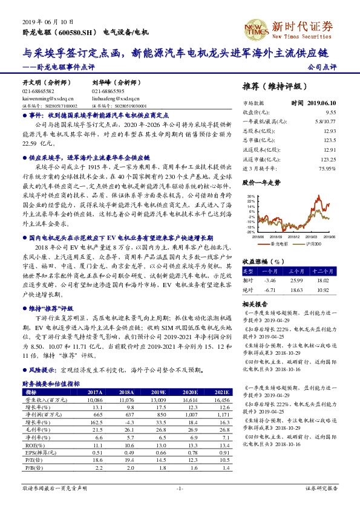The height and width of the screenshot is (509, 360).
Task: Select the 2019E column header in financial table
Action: pyautogui.click(x=158, y=392)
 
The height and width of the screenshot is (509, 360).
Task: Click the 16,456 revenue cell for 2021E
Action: pyautogui.click(x=223, y=400)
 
